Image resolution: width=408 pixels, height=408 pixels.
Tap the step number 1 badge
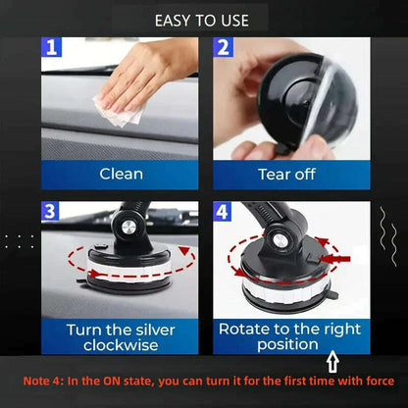pyautogui.click(x=51, y=47)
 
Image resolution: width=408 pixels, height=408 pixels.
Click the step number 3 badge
pyautogui.click(x=51, y=211)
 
